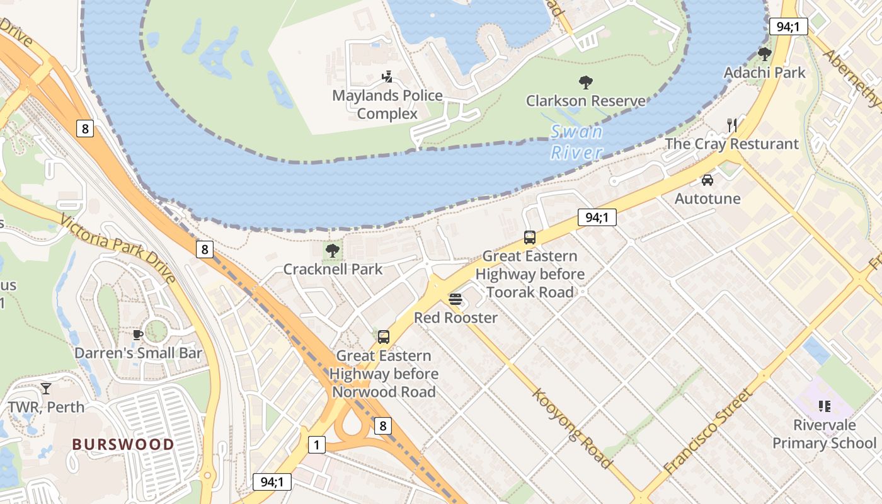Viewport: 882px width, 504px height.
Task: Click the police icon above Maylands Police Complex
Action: click(387, 77)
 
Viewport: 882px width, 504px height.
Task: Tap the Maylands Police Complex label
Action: click(387, 105)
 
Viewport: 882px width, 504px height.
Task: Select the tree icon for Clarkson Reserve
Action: click(585, 82)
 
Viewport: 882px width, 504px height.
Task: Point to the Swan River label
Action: click(576, 142)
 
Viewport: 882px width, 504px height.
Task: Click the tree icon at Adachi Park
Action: click(764, 54)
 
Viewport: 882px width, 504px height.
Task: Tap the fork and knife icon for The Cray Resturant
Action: click(731, 125)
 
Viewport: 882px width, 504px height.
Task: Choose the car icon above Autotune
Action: click(707, 180)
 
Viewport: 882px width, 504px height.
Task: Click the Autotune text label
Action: click(707, 198)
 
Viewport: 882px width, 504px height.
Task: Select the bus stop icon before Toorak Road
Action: click(530, 238)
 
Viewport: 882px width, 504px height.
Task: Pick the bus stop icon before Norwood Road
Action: click(384, 337)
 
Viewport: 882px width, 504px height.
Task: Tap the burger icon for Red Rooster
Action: click(455, 299)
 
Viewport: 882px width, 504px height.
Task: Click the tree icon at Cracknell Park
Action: click(332, 251)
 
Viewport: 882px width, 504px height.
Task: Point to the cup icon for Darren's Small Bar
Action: click(138, 335)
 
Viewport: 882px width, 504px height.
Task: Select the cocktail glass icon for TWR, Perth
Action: click(46, 388)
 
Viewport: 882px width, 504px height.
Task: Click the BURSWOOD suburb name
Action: click(123, 444)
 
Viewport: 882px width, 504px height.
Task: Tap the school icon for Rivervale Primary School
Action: click(824, 406)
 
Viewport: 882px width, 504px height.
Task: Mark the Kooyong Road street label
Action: click(573, 428)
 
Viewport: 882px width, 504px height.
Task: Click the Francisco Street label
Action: click(709, 432)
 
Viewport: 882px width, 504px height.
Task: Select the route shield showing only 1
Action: click(317, 445)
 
